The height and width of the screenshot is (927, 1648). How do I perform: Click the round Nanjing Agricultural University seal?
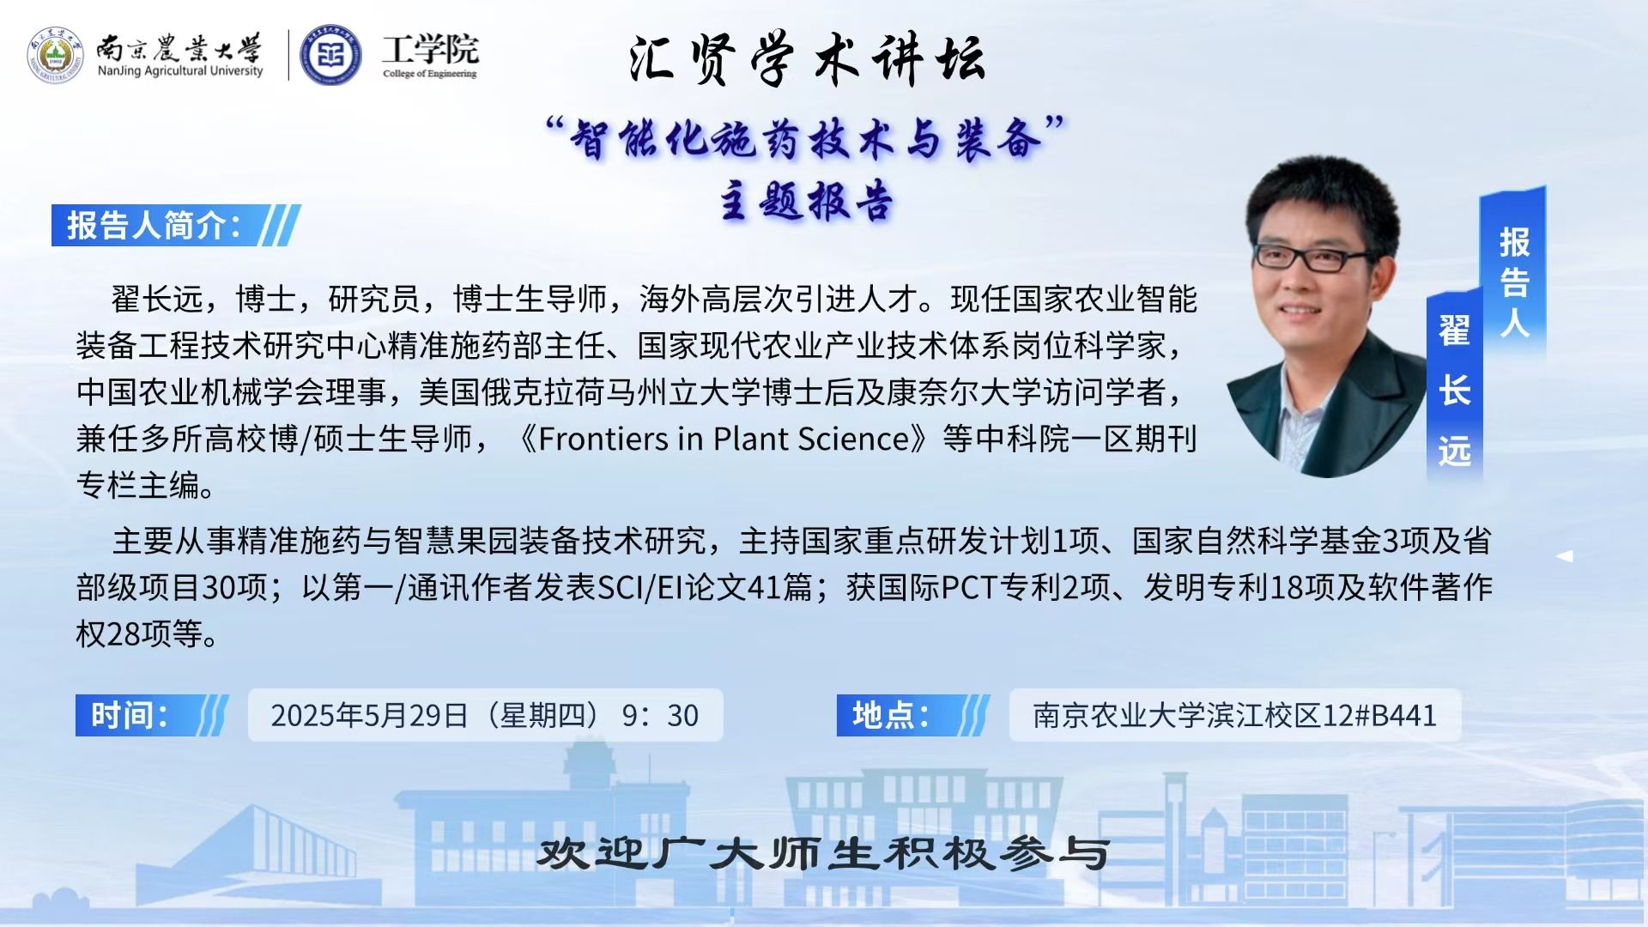pyautogui.click(x=56, y=56)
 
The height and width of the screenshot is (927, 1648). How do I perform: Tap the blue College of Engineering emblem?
pyautogui.click(x=330, y=56)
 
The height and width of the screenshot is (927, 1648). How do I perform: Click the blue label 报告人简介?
pyautogui.click(x=154, y=226)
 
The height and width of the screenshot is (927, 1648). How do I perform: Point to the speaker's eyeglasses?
pyautogui.click(x=1314, y=256)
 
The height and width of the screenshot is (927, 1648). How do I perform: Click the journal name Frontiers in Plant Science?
pyautogui.click(x=724, y=439)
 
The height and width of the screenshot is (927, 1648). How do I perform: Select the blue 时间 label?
pyautogui.click(x=130, y=715)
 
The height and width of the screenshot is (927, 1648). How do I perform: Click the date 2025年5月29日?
pyautogui.click(x=370, y=715)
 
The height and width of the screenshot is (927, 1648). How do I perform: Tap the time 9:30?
pyautogui.click(x=660, y=715)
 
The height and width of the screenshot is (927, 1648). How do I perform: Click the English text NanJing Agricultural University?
pyautogui.click(x=180, y=71)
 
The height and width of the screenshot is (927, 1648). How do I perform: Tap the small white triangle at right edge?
pyautogui.click(x=1565, y=556)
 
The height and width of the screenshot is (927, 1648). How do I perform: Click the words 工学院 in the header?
pyautogui.click(x=430, y=49)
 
